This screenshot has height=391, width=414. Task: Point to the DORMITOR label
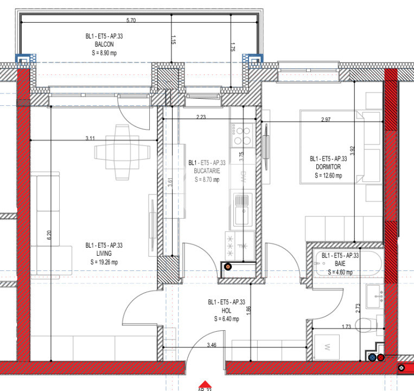coord(328,167)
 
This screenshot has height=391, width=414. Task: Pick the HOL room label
coord(226,311)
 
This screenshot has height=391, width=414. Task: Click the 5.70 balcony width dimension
coord(131,20)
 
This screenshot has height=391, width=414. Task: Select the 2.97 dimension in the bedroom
coord(326,119)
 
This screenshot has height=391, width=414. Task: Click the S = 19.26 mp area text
coord(104,262)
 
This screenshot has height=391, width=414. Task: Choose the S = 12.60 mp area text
coord(328,175)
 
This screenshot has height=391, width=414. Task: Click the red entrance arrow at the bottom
coord(204,384)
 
